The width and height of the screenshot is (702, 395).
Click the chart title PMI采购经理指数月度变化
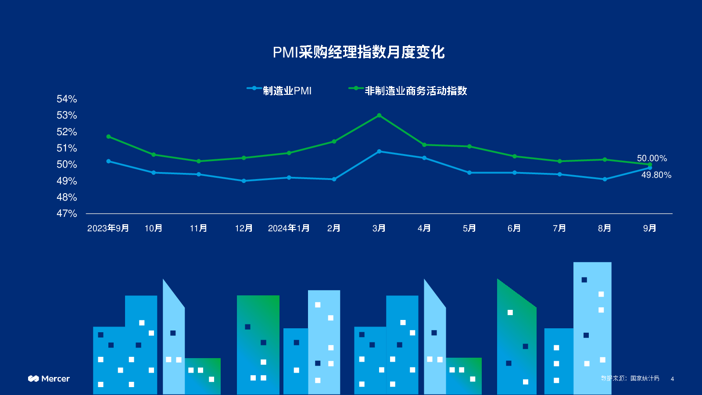(x=358, y=52)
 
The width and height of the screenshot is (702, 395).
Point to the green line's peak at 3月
(x=379, y=115)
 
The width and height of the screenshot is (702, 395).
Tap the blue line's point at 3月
(x=379, y=151)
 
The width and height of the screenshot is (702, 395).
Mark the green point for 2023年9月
(x=108, y=136)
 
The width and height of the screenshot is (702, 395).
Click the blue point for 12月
(x=244, y=181)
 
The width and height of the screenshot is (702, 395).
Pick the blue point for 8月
(x=605, y=179)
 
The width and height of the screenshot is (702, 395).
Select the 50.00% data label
(x=652, y=158)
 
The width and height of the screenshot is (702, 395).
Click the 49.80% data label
(x=656, y=175)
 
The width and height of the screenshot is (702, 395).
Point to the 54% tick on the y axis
(x=67, y=99)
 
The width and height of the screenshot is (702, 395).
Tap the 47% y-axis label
(x=67, y=214)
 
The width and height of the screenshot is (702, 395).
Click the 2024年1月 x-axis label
(x=289, y=228)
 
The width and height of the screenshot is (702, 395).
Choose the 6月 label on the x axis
(x=514, y=228)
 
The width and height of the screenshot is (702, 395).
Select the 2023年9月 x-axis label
(x=108, y=228)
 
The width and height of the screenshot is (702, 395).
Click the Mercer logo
(x=49, y=379)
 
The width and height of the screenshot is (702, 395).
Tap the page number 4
(x=672, y=379)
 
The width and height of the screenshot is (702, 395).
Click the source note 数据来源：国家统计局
(x=630, y=378)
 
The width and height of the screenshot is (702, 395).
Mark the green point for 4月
(x=424, y=145)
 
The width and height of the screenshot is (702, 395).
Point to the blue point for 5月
(x=469, y=172)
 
